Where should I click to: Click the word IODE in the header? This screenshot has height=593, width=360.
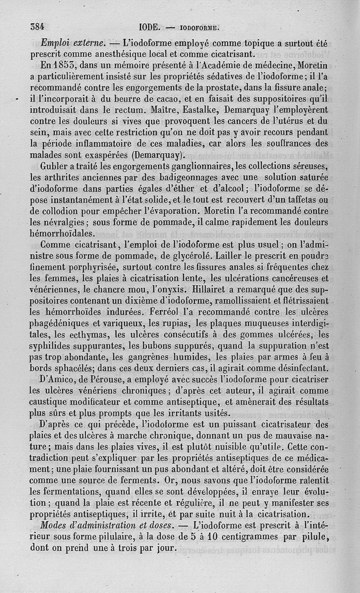(149, 27)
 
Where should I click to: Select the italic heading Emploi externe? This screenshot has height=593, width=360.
(73, 44)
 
